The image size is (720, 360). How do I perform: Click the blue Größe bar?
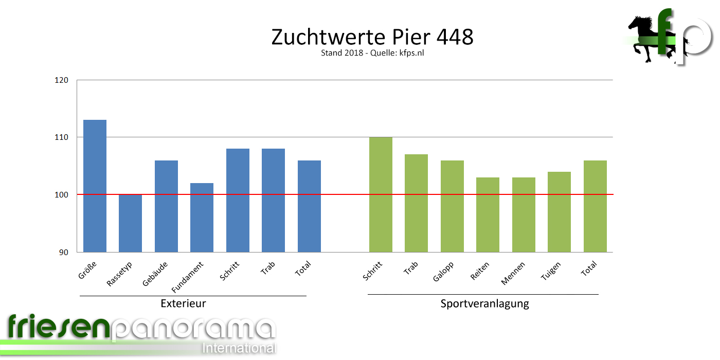point(95,186)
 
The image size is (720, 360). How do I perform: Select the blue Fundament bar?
point(202,218)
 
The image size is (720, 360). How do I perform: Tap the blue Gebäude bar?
point(166,206)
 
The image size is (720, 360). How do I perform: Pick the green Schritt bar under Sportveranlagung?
point(381,194)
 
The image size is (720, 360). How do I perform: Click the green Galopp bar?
point(452,206)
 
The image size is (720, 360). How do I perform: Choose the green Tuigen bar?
point(559,212)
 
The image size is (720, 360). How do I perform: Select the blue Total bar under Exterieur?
point(309,206)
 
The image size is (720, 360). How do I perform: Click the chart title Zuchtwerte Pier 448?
point(372,37)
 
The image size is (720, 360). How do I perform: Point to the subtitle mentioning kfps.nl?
point(372,52)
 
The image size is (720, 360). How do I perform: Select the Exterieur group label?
point(183,303)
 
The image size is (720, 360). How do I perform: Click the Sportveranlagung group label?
point(484,303)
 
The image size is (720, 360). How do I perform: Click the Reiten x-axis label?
point(480,271)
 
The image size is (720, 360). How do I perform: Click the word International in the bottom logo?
point(239,348)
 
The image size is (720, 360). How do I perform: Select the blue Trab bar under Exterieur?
point(273,201)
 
